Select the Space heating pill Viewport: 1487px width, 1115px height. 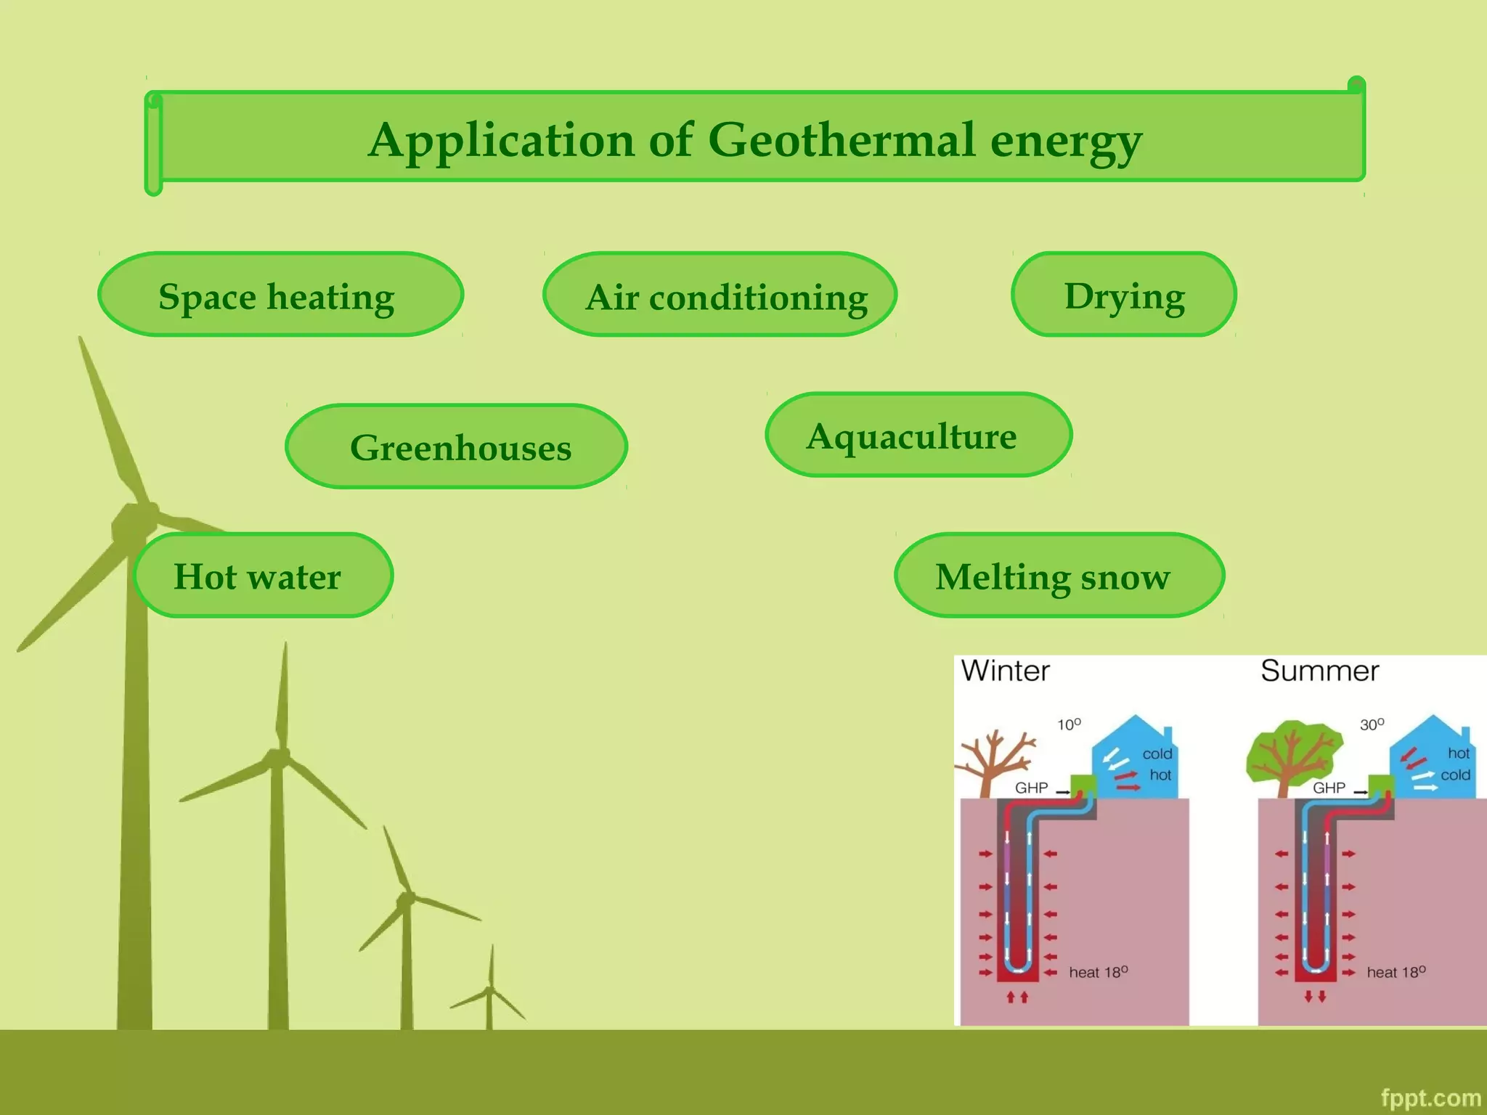(280, 295)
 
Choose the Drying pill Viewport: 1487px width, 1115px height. (1123, 295)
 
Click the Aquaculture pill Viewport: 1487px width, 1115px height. (918, 435)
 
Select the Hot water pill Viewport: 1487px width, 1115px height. (264, 575)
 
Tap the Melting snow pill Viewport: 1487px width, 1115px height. (1059, 575)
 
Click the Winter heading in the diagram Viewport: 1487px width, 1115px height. (1005, 671)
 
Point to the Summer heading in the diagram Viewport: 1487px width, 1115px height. (1319, 671)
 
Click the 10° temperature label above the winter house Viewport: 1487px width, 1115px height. (1068, 724)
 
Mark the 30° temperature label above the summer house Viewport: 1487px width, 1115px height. (1372, 724)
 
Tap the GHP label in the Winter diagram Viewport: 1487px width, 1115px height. (1031, 788)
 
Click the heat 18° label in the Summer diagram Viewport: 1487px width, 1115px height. (1396, 972)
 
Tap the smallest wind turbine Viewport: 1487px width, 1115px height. (490, 991)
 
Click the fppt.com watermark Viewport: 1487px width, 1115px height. (1430, 1098)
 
